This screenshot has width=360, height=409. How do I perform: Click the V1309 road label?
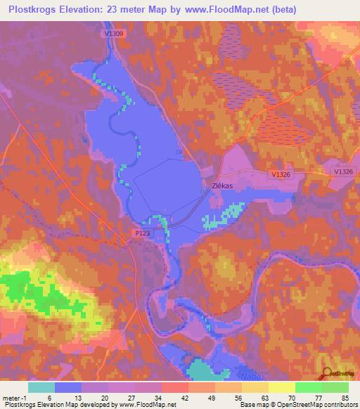click(x=112, y=33)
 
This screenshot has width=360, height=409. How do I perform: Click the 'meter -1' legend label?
click(x=15, y=397)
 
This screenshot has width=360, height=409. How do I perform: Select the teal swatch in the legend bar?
click(x=41, y=387)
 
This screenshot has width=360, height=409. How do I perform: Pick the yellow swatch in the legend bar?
click(x=281, y=387)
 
